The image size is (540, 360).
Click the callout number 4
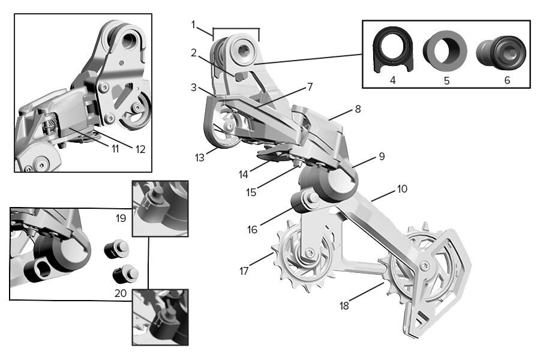pos(392,79)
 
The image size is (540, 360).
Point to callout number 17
pos(244,271)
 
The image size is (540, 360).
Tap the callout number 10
pos(401,189)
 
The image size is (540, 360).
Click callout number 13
pos(200,157)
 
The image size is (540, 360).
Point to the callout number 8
pos(358,110)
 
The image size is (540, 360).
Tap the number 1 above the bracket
pos(194,25)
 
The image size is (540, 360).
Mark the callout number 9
pos(382,157)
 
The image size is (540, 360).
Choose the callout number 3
pos(194,88)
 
